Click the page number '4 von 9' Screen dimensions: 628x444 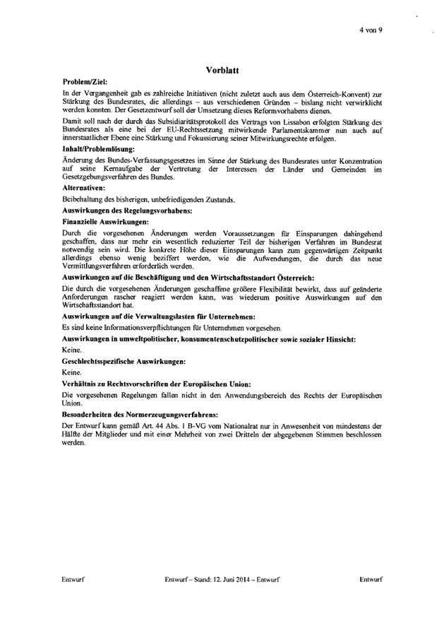(x=370, y=30)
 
